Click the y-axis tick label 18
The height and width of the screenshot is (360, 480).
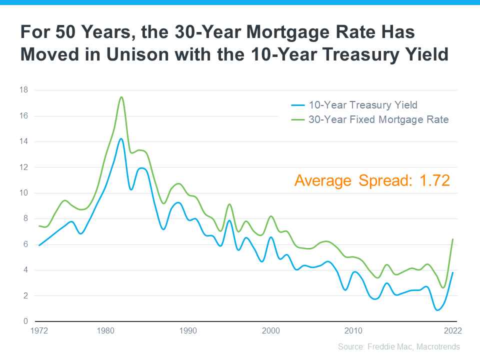(x=24, y=90)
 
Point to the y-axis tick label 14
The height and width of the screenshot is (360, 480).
(x=24, y=141)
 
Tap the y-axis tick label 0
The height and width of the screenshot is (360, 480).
(x=25, y=321)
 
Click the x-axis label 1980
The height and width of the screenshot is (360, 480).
(x=105, y=331)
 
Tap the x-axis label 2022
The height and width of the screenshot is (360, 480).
(x=453, y=331)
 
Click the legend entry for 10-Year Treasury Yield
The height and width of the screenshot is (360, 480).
(x=362, y=105)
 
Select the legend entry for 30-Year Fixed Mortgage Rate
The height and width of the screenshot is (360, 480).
(x=378, y=119)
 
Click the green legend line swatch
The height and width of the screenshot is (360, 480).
(x=298, y=120)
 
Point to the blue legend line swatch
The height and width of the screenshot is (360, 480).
(x=298, y=105)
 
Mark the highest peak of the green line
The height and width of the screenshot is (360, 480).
(x=121, y=97)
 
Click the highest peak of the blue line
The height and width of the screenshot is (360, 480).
(x=121, y=138)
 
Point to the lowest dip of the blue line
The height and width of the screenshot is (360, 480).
(x=437, y=310)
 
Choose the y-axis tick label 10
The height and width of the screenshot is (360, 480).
(x=24, y=193)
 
